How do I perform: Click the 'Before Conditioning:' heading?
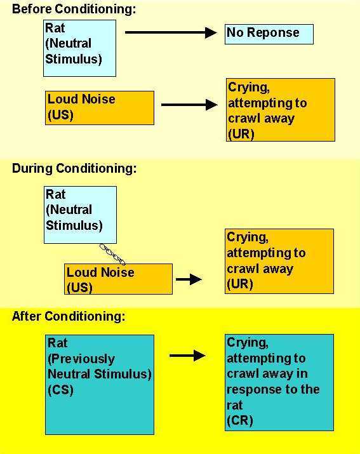pyautogui.click(x=74, y=9)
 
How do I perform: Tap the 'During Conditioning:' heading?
pyautogui.click(x=74, y=168)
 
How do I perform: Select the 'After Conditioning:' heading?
pyautogui.click(x=69, y=316)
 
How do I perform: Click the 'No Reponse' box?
pyautogui.click(x=269, y=34)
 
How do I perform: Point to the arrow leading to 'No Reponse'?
pyautogui.click(x=171, y=32)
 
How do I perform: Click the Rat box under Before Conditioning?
pyautogui.click(x=79, y=48)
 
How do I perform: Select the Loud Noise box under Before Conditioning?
pyautogui.click(x=100, y=108)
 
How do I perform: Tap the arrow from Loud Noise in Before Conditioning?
pyautogui.click(x=189, y=105)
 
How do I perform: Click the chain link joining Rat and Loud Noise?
pyautogui.click(x=112, y=254)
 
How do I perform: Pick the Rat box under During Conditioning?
pyautogui.click(x=80, y=215)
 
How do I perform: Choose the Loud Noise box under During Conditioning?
pyautogui.click(x=118, y=279)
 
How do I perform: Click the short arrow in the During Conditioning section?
pyautogui.click(x=189, y=279)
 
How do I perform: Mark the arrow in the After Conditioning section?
pyautogui.click(x=188, y=356)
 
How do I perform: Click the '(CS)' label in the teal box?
pyautogui.click(x=60, y=390)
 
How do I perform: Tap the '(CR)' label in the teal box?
pyautogui.click(x=240, y=420)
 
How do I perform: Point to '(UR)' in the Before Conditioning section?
pyautogui.click(x=241, y=134)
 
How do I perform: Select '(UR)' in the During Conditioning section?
pyautogui.click(x=240, y=284)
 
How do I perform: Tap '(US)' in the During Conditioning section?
pyautogui.click(x=79, y=288)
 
